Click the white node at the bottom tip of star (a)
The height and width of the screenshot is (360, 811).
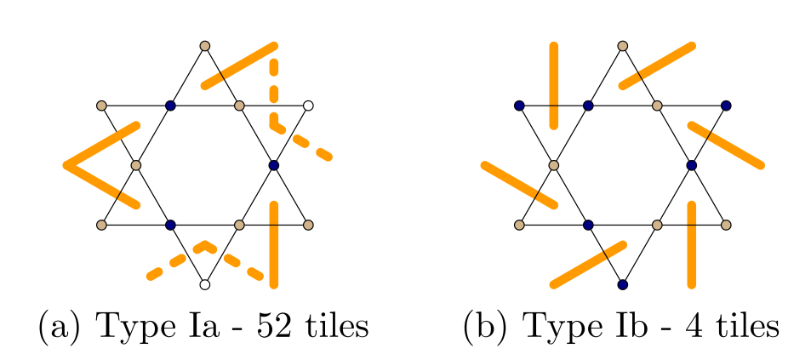tap(204, 284)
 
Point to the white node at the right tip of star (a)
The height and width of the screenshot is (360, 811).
tap(308, 106)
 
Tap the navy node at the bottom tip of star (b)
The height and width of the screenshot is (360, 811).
tap(622, 284)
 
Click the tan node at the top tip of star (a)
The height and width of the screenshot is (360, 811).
tap(204, 45)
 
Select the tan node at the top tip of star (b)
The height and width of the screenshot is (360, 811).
tap(622, 45)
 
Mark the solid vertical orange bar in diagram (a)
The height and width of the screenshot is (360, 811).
tap(273, 243)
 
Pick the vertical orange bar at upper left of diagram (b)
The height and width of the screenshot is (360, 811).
tap(554, 85)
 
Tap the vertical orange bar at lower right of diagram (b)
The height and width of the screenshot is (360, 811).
tap(691, 243)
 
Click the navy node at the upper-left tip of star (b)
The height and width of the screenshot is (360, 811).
tap(519, 106)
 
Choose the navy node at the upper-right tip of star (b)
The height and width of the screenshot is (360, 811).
tap(726, 106)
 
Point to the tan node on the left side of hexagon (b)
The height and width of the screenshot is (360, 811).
tap(554, 165)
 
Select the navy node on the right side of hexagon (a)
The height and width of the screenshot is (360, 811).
tap(273, 165)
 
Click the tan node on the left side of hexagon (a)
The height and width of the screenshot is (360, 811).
tap(135, 165)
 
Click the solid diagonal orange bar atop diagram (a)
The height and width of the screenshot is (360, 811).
tap(238, 65)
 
